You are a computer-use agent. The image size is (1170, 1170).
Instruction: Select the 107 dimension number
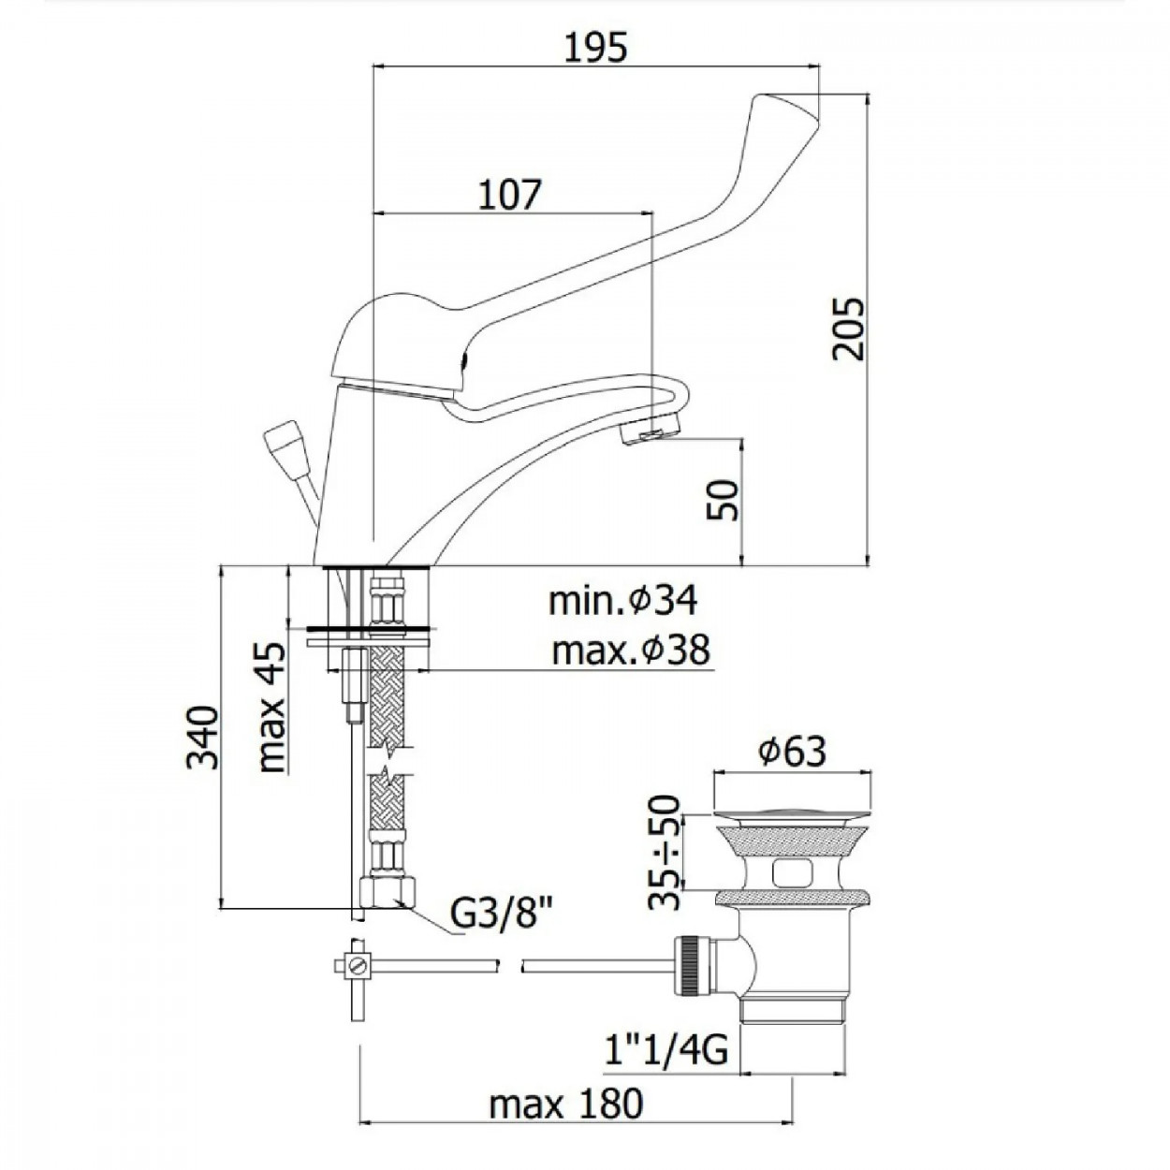click(509, 195)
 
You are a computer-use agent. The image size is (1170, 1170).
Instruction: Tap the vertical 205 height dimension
click(847, 329)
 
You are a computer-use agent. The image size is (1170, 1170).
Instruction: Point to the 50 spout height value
click(724, 501)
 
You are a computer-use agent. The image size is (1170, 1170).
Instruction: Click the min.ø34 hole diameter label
click(623, 601)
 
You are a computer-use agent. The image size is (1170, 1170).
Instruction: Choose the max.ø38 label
click(631, 651)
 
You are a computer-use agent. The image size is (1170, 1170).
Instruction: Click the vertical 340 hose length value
click(201, 738)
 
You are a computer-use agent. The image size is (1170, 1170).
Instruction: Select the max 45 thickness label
click(271, 706)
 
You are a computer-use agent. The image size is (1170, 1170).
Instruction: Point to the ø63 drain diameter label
click(793, 752)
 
